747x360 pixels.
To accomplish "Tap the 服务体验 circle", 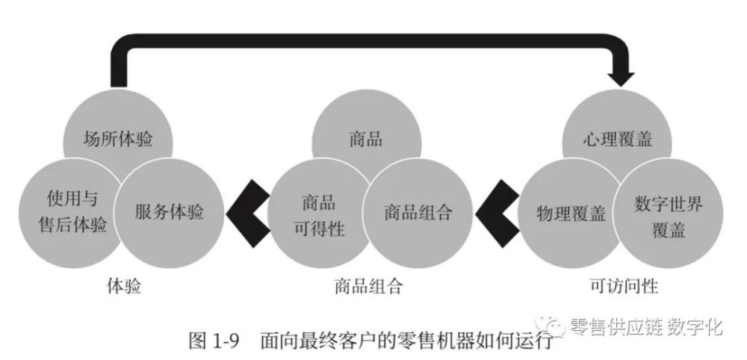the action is (x=169, y=213).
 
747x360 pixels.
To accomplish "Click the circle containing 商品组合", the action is (x=418, y=213).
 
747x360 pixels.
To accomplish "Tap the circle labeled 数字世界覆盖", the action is (x=668, y=213).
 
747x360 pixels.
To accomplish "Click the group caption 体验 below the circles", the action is (x=124, y=286).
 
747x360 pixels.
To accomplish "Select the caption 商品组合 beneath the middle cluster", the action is (x=369, y=286).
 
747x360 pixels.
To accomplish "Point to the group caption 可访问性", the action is (x=624, y=286).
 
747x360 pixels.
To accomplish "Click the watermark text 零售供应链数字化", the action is (x=646, y=327).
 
